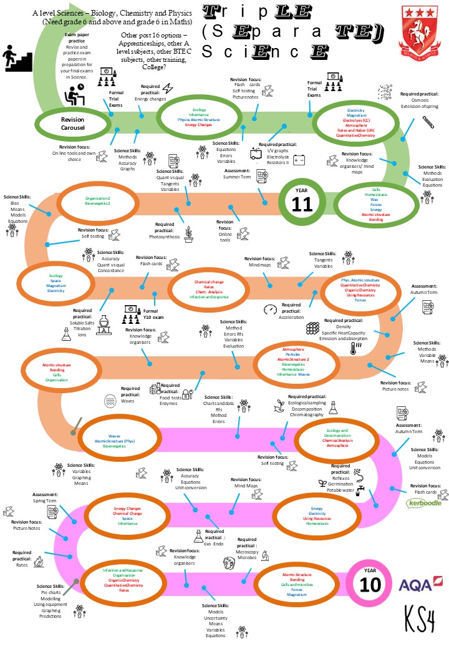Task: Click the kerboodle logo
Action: pyautogui.click(x=424, y=502)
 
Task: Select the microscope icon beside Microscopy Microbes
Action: pyautogui.click(x=265, y=554)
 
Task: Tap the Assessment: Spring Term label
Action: pyautogui.click(x=46, y=498)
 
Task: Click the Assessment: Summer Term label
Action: pyautogui.click(x=236, y=173)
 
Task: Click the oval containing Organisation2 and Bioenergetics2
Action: pyautogui.click(x=98, y=201)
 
